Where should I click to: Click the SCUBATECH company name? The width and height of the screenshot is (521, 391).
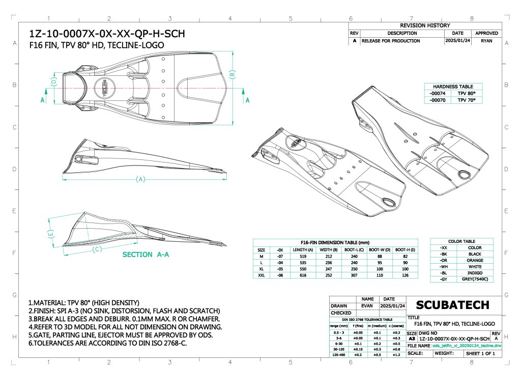[452, 305]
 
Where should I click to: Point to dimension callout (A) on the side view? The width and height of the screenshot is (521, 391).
[141, 179]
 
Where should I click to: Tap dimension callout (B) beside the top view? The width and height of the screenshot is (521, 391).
[233, 74]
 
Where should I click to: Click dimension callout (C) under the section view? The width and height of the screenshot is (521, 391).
[97, 249]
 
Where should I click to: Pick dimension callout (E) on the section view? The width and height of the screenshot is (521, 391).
[50, 234]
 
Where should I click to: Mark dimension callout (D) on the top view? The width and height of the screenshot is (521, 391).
[53, 81]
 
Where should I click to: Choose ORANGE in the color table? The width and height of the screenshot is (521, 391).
[475, 260]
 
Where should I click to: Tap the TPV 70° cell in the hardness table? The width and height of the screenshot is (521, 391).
[466, 100]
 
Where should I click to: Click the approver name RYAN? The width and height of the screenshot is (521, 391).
[486, 41]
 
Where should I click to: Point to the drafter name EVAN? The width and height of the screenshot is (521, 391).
[367, 306]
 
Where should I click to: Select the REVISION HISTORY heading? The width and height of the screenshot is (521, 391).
[425, 25]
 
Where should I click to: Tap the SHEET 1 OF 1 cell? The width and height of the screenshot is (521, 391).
[480, 353]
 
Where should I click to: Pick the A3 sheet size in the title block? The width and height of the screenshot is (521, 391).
[412, 338]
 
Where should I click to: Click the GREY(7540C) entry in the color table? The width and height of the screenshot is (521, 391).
[475, 279]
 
